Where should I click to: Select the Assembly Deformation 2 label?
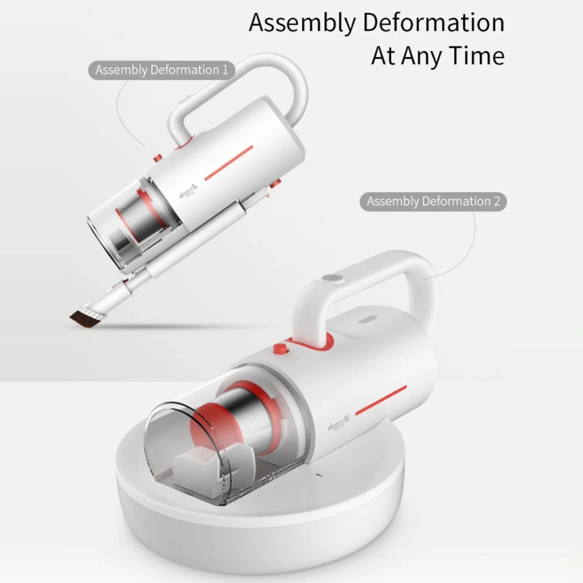(433, 201)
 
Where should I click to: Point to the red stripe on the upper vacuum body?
(229, 163)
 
